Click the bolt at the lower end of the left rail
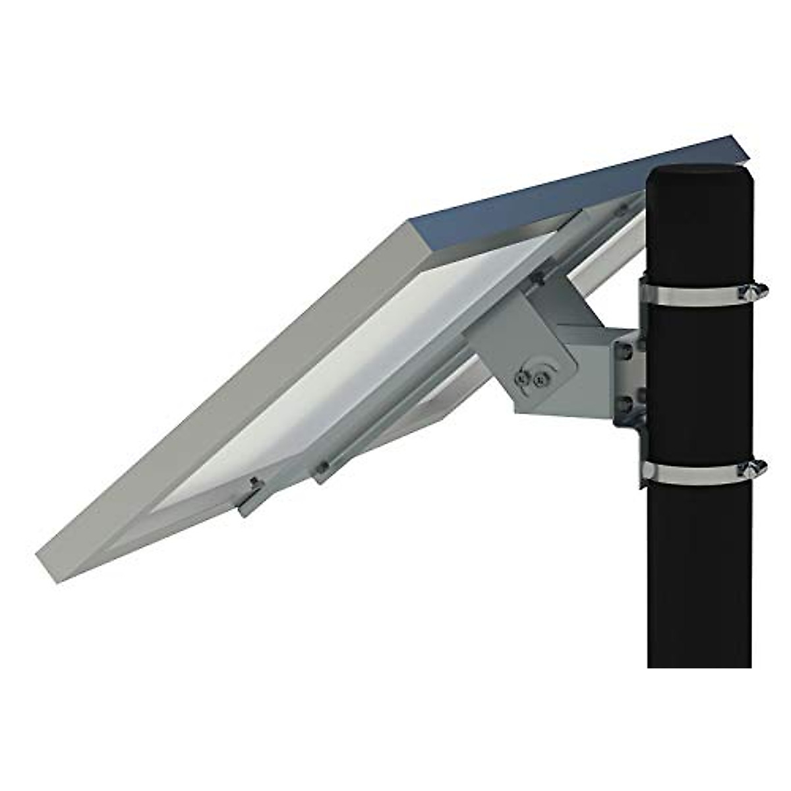pyautogui.click(x=254, y=486)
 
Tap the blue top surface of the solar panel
pyautogui.click(x=560, y=191)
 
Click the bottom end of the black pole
pyautogui.click(x=699, y=662)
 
